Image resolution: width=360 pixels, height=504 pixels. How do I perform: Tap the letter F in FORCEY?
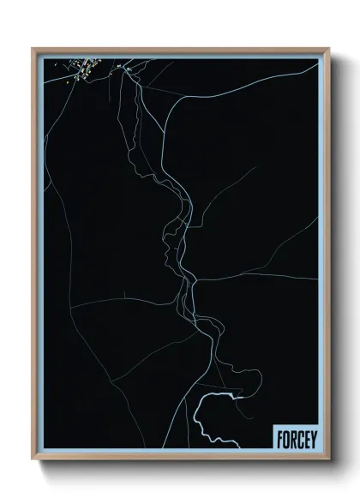pos(279,439)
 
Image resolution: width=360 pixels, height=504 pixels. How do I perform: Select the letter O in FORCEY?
pos(285,439)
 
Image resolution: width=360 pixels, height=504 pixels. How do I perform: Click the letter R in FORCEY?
pos(291,439)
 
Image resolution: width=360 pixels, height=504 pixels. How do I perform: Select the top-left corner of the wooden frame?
pos(33,49)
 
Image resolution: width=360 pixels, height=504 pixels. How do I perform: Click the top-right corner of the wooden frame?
pos(328,49)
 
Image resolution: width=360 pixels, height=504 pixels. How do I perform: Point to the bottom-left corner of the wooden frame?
pos(33,459)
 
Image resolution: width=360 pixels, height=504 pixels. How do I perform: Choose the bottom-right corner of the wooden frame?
pos(328,459)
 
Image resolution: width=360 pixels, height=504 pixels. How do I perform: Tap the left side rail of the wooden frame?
pos(33,257)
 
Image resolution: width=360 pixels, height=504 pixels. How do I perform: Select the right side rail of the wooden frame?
pos(328,257)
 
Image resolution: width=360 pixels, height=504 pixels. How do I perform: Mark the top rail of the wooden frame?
pos(180,49)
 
